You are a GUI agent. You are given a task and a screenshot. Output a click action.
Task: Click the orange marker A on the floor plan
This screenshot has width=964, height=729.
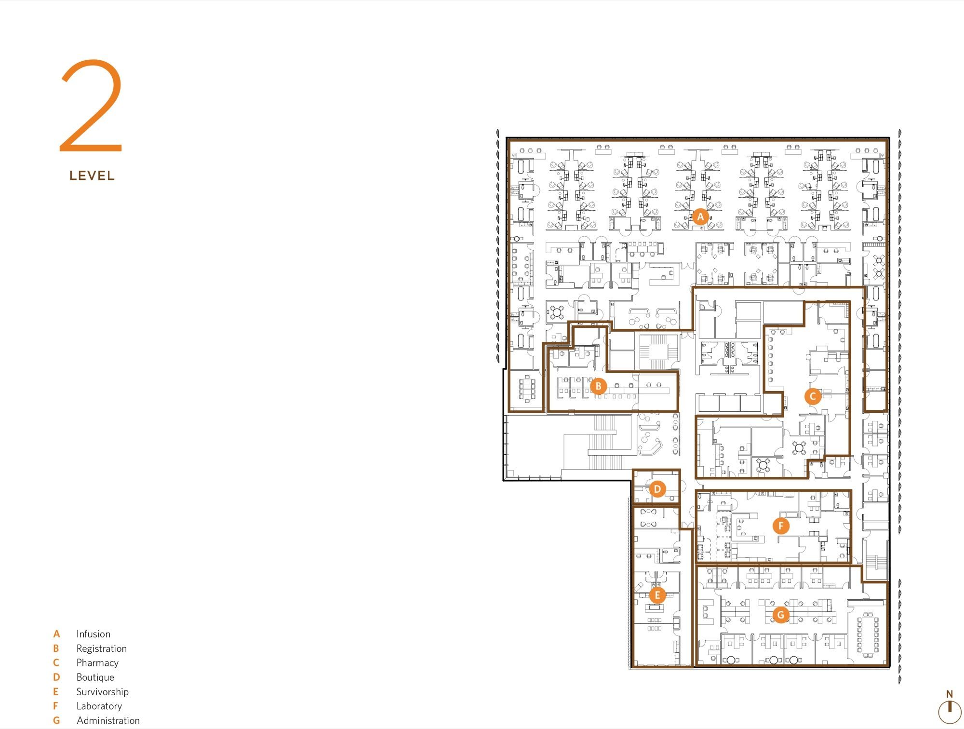click(700, 217)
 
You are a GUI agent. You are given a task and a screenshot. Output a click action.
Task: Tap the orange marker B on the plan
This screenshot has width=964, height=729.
click(599, 386)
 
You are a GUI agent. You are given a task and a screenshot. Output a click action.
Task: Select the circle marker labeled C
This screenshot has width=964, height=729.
click(813, 396)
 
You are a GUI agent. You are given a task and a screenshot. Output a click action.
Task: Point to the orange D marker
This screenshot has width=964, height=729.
click(657, 489)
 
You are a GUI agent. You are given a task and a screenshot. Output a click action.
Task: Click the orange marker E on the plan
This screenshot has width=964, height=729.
click(657, 595)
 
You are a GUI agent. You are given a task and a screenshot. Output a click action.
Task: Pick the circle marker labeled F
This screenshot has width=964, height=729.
click(781, 526)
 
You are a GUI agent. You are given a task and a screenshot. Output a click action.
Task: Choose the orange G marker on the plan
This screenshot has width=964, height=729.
click(781, 615)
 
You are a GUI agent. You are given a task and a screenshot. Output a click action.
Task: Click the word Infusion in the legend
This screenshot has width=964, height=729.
click(94, 634)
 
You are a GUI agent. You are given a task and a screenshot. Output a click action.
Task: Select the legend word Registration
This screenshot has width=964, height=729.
click(102, 648)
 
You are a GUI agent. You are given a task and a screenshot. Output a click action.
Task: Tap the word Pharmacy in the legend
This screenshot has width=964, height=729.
click(97, 663)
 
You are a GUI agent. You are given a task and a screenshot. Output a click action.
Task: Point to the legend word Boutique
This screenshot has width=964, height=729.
click(95, 677)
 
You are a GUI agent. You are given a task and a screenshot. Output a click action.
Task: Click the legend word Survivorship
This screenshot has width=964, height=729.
click(103, 692)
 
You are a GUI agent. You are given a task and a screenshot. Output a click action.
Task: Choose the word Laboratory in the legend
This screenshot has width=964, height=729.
click(99, 706)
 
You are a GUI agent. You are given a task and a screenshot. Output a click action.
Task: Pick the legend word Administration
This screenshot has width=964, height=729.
click(108, 720)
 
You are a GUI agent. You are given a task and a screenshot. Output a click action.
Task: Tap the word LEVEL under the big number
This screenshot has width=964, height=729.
click(92, 175)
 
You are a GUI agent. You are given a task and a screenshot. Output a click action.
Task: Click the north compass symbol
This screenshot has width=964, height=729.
click(950, 708)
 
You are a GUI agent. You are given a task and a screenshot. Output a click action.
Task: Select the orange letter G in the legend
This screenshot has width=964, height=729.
click(56, 720)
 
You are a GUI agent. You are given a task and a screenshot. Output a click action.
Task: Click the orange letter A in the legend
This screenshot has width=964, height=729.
click(56, 634)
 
